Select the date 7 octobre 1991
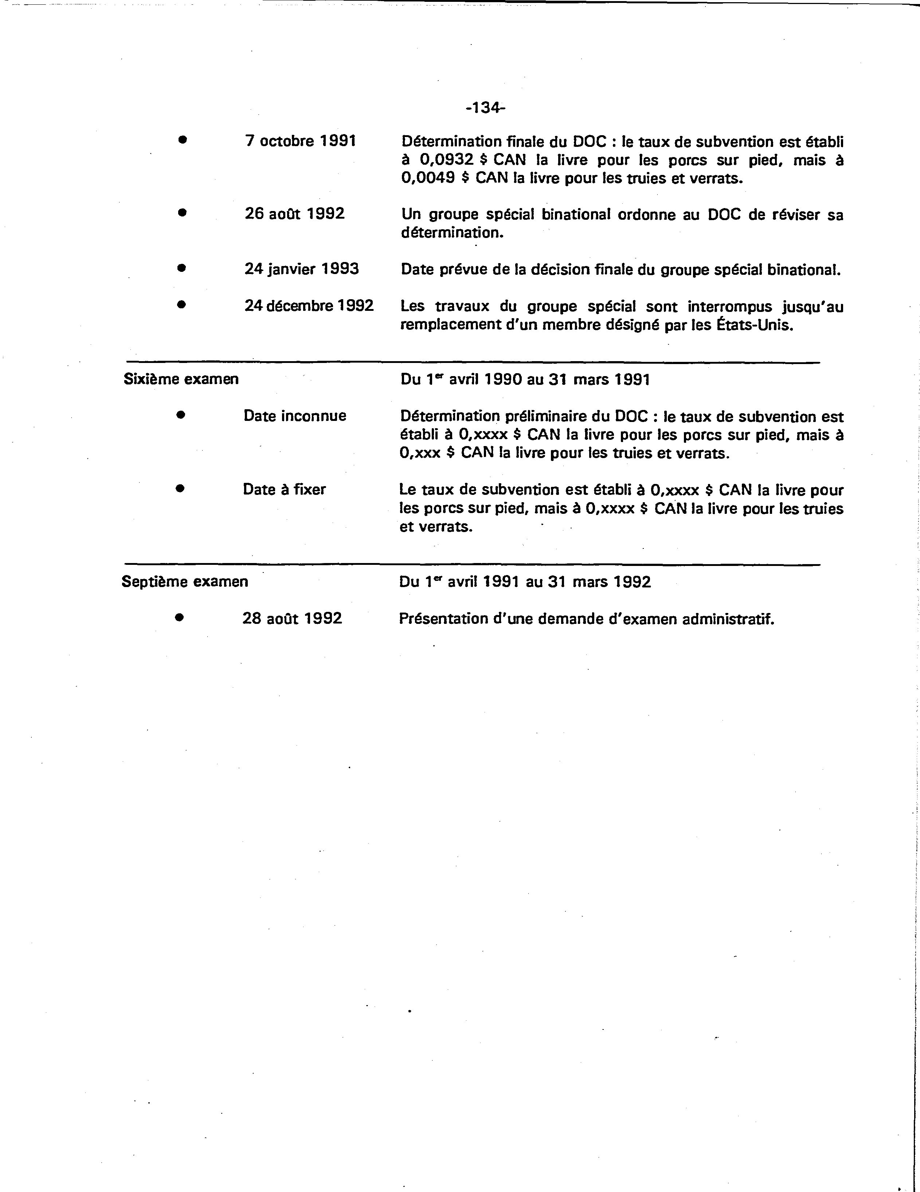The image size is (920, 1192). point(300,141)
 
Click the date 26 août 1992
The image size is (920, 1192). point(295,214)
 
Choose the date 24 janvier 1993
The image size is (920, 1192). point(302,269)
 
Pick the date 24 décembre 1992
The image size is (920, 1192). point(309,306)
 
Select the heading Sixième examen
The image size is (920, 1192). point(181,379)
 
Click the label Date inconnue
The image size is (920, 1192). point(295,416)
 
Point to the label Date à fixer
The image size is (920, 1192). point(284,489)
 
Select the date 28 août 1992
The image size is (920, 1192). point(293,618)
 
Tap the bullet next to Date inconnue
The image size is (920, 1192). point(181,415)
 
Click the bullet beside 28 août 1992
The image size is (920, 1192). point(179,617)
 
